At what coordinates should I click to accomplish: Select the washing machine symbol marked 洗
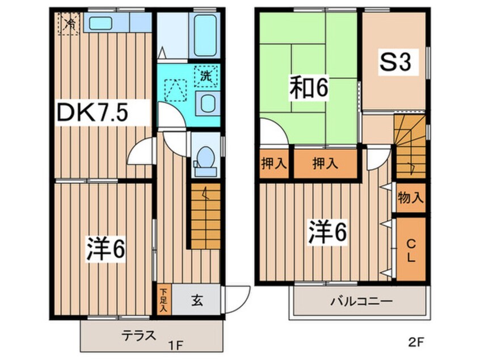coord(205,76)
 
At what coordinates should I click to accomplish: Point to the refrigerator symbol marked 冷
coord(69,24)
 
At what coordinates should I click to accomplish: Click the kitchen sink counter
coord(117,23)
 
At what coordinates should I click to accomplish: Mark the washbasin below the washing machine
coord(205,104)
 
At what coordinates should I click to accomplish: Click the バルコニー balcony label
coord(359,302)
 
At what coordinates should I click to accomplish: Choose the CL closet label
coord(411,249)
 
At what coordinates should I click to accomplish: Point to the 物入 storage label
coord(411,198)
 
